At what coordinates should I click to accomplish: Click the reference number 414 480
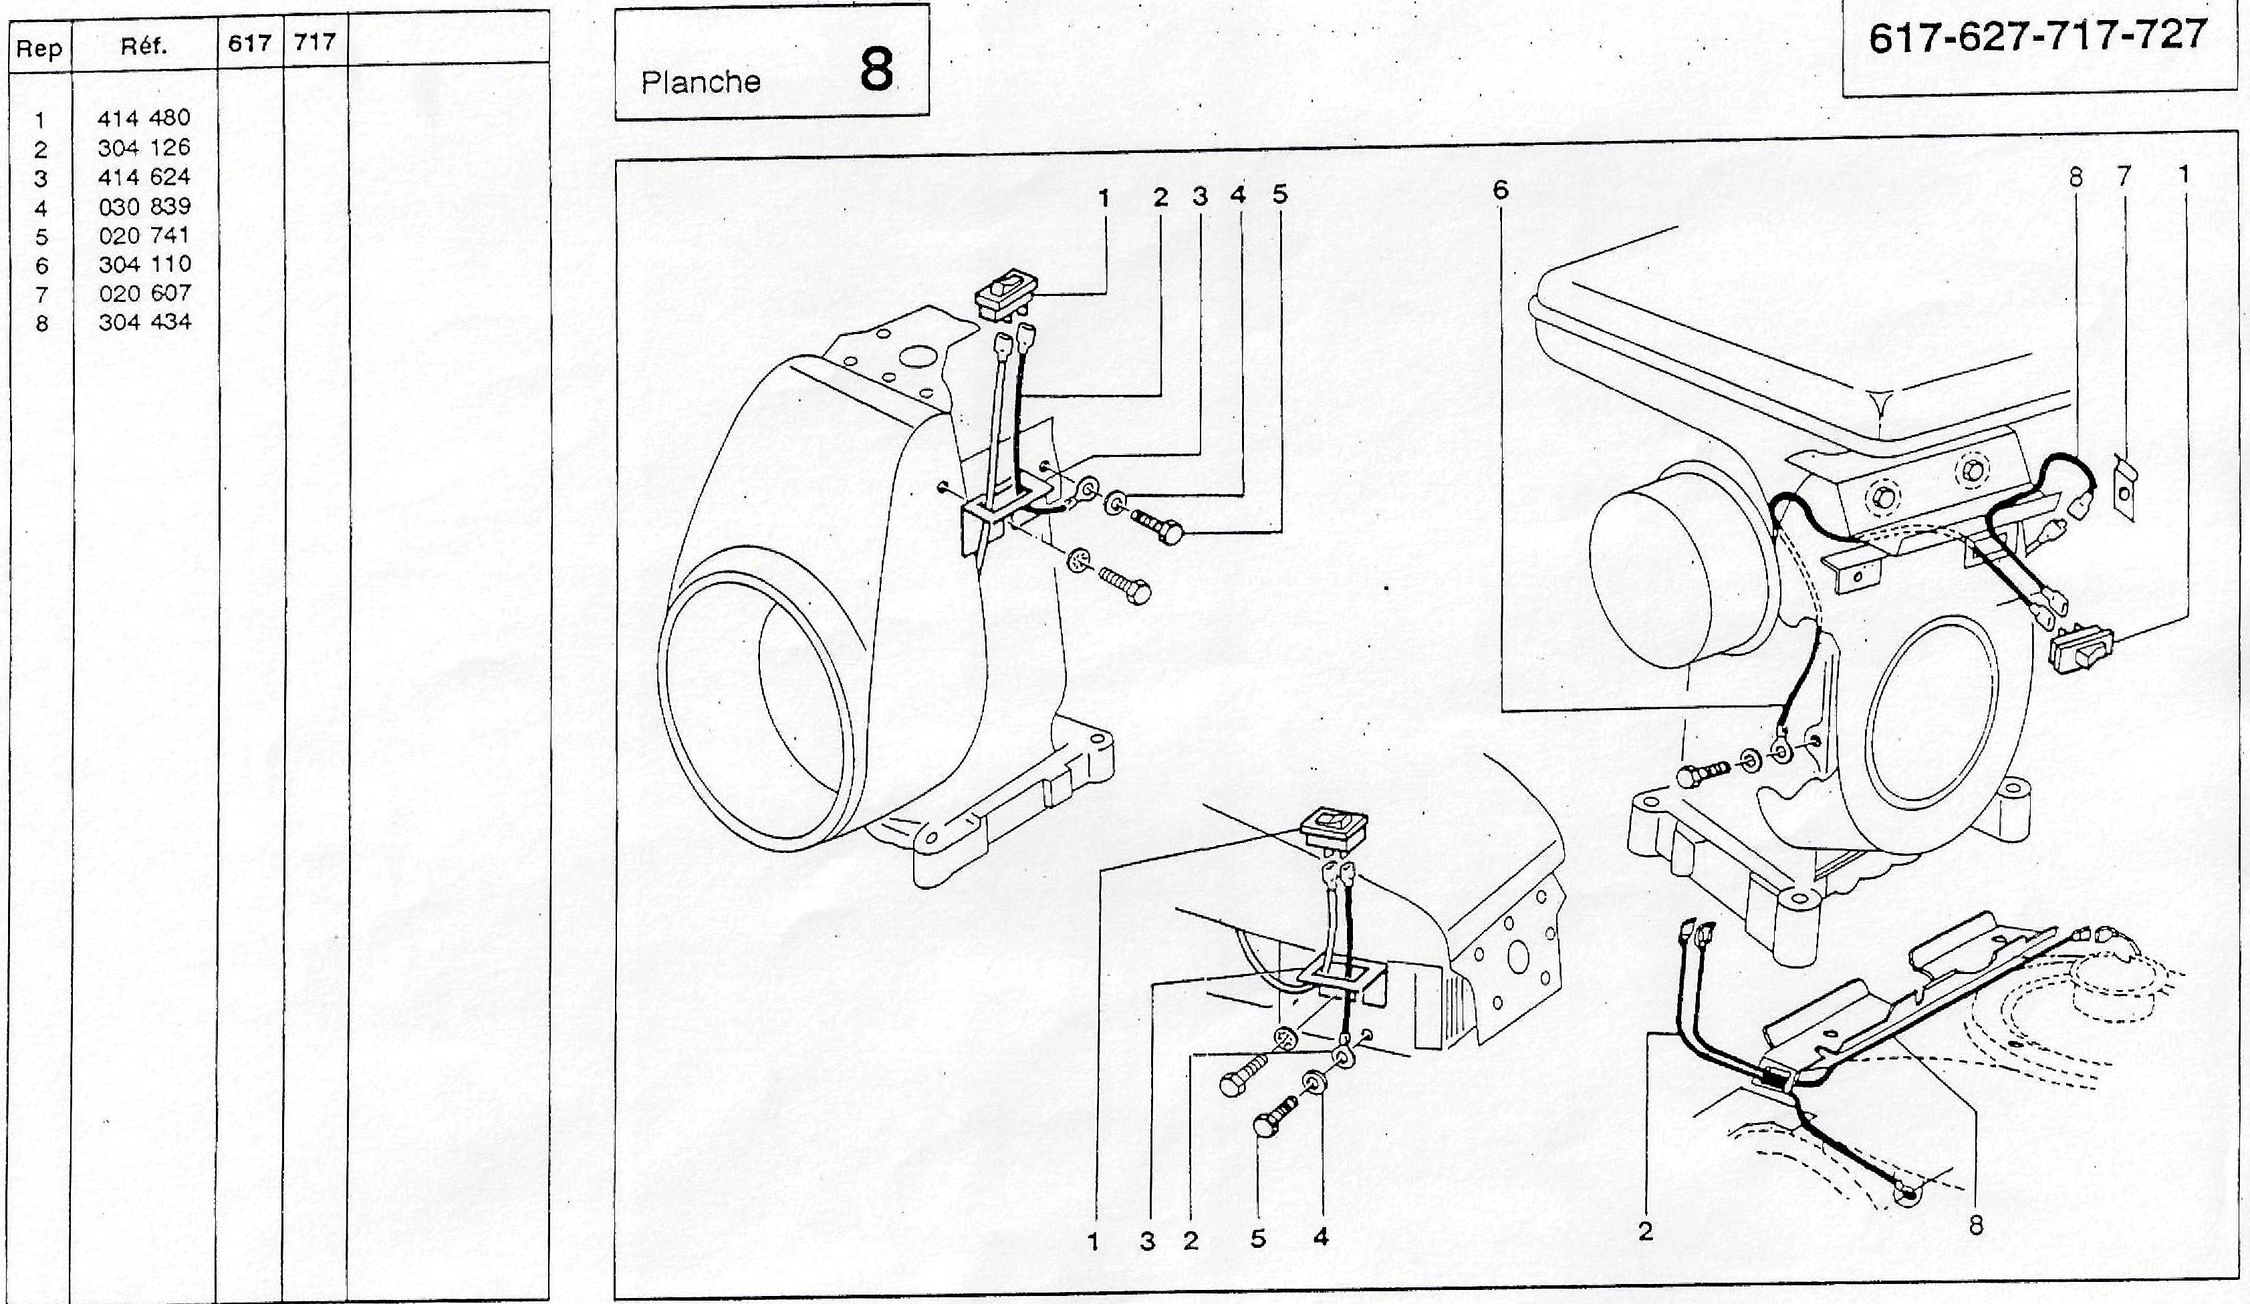click(144, 118)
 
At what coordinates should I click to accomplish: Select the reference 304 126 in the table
click(144, 147)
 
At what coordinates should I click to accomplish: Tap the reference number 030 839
click(144, 206)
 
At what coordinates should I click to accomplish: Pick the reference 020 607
click(144, 293)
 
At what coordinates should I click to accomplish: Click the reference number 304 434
click(144, 322)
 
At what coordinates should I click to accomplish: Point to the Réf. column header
click(144, 46)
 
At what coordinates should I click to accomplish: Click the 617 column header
click(250, 43)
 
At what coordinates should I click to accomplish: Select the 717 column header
click(314, 43)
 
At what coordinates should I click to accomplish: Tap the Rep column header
click(39, 48)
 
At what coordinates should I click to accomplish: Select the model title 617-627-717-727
click(2037, 37)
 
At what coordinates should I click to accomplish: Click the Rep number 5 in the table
click(41, 236)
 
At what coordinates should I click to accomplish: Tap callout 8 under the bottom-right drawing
click(1975, 1225)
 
